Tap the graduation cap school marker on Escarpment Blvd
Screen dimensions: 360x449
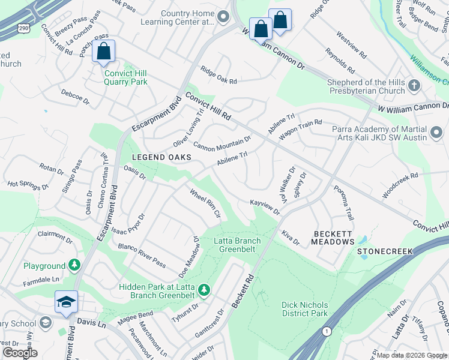66,302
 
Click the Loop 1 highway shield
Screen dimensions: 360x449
327,331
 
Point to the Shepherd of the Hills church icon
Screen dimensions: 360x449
414,86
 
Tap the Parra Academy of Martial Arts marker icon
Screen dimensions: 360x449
436,130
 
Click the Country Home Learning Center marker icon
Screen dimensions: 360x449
224,17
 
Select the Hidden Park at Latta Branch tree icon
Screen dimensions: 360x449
204,290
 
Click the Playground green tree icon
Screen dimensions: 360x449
74,265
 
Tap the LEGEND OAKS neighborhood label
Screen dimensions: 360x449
162,157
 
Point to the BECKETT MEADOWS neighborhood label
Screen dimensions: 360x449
333,237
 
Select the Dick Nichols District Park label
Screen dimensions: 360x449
305,309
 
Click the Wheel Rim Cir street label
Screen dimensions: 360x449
206,203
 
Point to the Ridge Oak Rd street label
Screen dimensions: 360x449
219,74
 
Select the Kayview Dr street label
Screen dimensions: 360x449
265,208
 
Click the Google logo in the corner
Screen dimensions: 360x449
20,353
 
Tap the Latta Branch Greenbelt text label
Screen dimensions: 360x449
238,245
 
